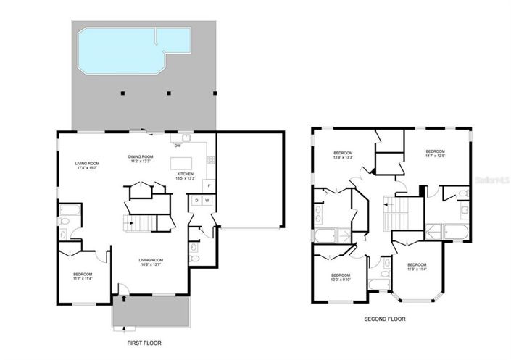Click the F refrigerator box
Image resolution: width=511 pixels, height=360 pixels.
pyautogui.click(x=209, y=185)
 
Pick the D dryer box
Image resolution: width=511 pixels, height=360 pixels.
pyautogui.click(x=196, y=200)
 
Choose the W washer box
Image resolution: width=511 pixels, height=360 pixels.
pyautogui.click(x=207, y=200)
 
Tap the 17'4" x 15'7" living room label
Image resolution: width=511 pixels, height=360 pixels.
pyautogui.click(x=87, y=166)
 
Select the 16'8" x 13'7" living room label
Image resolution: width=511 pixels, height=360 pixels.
pyautogui.click(x=151, y=262)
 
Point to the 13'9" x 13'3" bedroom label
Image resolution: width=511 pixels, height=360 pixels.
pyautogui.click(x=343, y=155)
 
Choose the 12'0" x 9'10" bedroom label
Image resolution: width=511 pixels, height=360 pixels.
pyautogui.click(x=341, y=277)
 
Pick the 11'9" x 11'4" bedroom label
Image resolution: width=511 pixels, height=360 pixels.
pyautogui.click(x=416, y=268)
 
